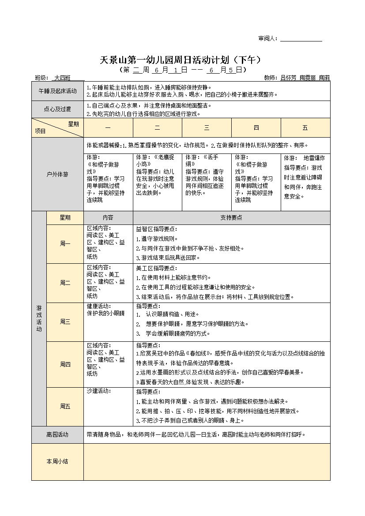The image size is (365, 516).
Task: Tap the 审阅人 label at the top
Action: [x=268, y=39]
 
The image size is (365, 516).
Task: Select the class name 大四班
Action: [x=62, y=78]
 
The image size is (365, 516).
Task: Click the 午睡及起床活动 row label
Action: [x=57, y=91]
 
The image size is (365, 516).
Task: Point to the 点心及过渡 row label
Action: [x=57, y=109]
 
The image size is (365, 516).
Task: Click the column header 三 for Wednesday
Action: [x=207, y=128]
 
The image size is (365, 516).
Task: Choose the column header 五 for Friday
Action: [x=305, y=128]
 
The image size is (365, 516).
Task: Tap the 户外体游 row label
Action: [x=57, y=174]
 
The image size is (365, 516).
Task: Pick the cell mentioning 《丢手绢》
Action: [x=206, y=175]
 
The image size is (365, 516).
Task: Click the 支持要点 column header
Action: [x=231, y=217]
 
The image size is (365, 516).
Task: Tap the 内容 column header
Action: [x=108, y=217]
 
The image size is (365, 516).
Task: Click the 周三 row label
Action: [x=65, y=322]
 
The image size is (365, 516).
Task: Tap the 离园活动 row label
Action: [x=57, y=434]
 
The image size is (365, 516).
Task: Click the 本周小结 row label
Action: [x=57, y=461]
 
